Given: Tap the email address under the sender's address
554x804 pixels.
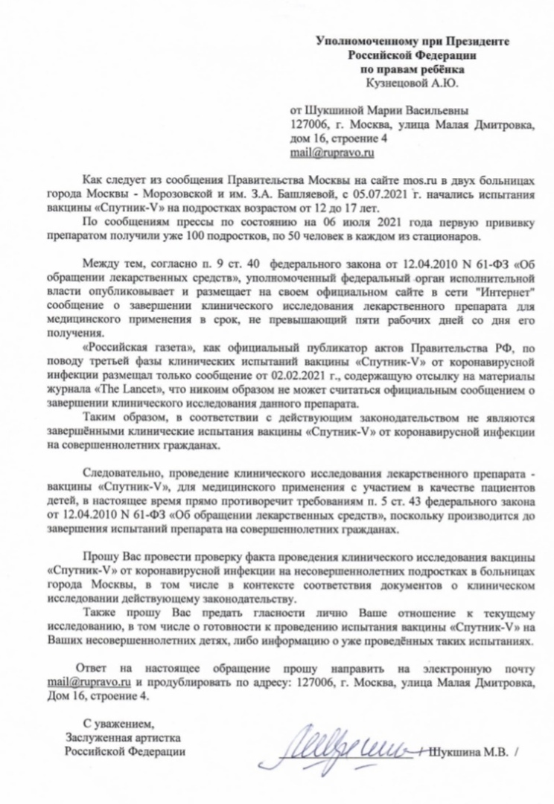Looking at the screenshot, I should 331,153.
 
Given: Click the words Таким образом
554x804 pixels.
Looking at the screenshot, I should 121,418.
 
